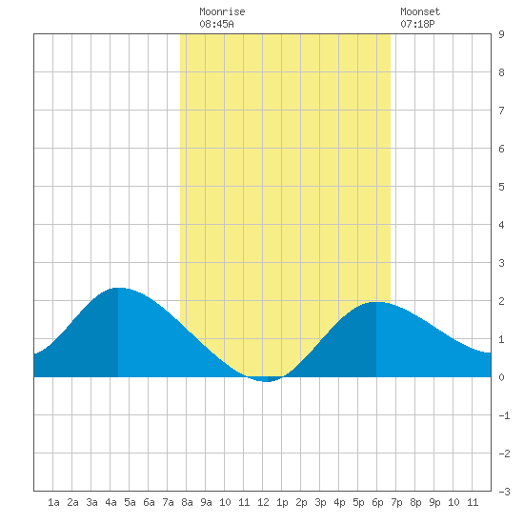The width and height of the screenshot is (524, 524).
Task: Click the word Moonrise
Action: pos(222,11)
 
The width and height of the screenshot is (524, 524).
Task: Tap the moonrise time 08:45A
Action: pos(216,24)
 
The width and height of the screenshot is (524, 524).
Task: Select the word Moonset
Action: pos(420,11)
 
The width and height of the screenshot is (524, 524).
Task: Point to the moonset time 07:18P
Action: pos(417,24)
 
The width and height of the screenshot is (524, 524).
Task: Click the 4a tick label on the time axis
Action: pos(111,502)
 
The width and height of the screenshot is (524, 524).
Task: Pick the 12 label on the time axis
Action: pos(263,502)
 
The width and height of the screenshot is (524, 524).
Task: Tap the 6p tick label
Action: pos(377,502)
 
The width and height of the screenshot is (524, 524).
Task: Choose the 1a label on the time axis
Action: pos(53,502)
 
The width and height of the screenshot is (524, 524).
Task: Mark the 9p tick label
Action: pos(434,502)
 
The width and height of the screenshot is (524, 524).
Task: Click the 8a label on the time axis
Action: pos(187,502)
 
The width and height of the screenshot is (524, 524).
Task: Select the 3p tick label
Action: pos(320,502)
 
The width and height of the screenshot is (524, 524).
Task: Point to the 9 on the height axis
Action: pos(501,34)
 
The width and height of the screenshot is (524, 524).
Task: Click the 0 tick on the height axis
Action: pos(501,377)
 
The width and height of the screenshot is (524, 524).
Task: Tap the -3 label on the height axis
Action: pos(504,492)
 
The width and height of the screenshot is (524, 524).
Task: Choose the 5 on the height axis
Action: pos(501,187)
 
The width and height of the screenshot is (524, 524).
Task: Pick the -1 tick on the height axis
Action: pos(504,415)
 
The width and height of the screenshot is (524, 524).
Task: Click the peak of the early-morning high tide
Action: pos(118,288)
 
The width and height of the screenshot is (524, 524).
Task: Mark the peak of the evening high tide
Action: pos(376,302)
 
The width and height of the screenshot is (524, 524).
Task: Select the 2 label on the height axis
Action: pos(501,301)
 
